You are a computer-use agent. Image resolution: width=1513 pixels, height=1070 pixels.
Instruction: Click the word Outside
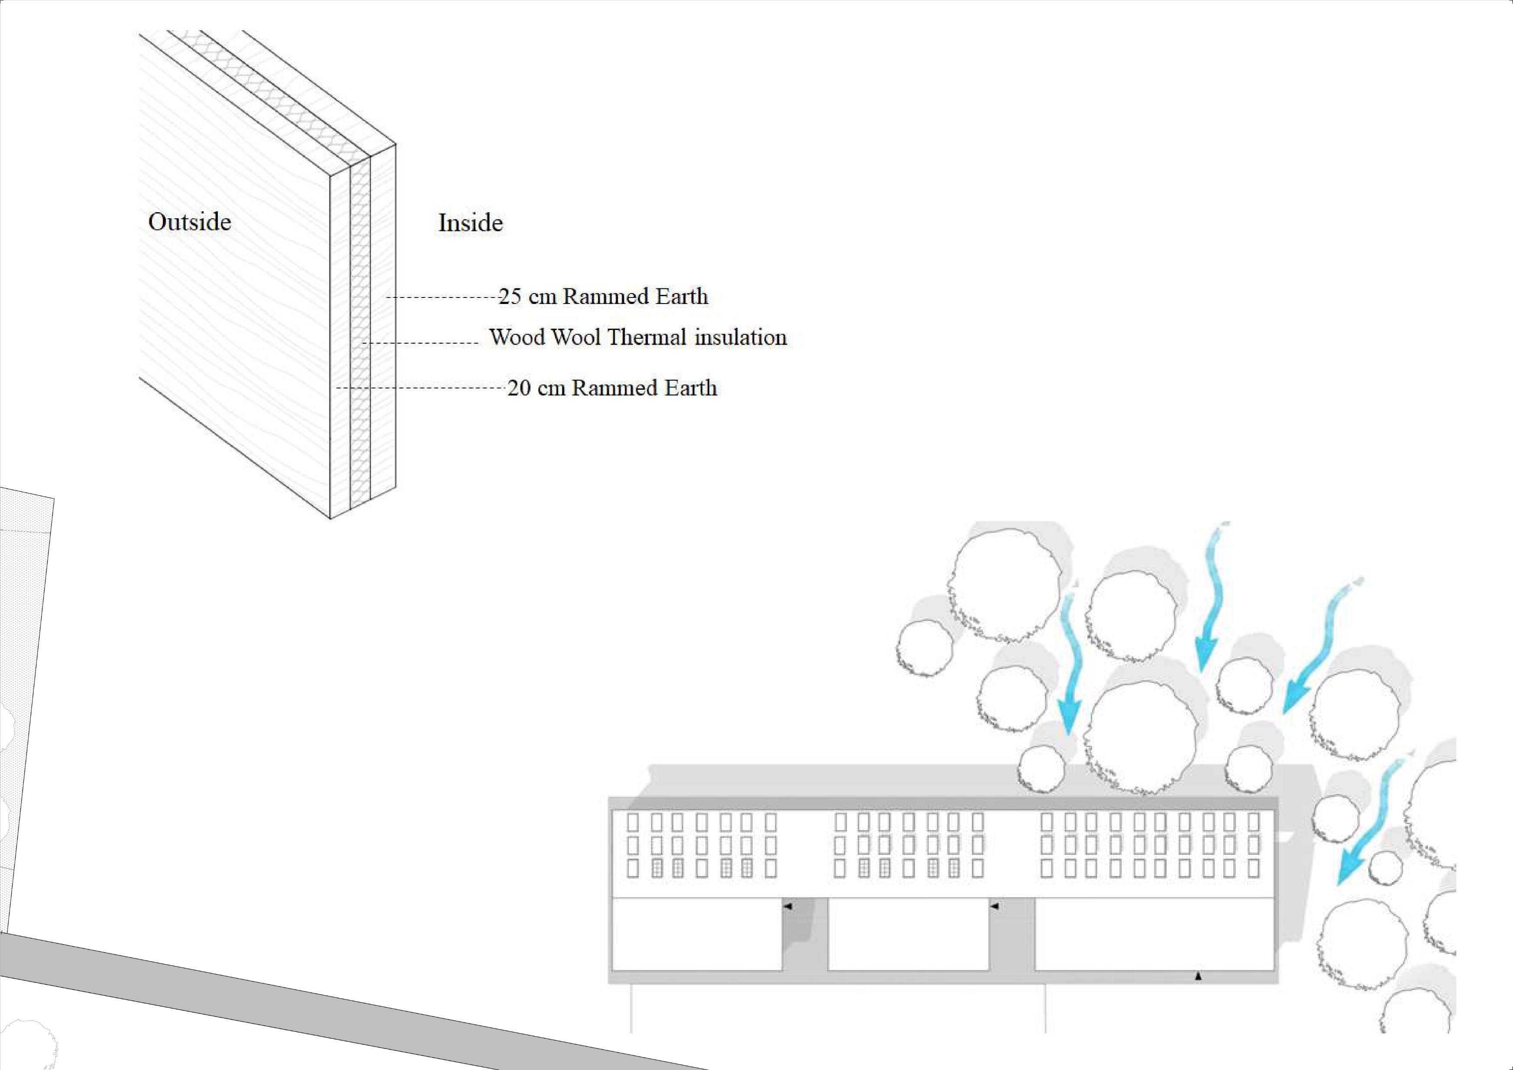190,222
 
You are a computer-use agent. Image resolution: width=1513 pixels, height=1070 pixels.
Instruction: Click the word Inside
471,223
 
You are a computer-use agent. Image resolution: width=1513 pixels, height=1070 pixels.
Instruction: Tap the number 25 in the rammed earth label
509,297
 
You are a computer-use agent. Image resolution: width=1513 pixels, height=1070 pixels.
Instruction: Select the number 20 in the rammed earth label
519,388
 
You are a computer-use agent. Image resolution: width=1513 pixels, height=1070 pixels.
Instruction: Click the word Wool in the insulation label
575,337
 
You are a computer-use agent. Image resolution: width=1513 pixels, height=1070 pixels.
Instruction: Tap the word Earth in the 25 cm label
682,297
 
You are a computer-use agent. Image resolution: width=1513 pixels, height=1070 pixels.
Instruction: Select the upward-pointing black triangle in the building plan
1198,976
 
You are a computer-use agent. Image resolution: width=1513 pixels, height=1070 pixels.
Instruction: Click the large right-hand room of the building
1153,936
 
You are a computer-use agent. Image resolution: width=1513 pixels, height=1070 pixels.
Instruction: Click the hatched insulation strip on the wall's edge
360,330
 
